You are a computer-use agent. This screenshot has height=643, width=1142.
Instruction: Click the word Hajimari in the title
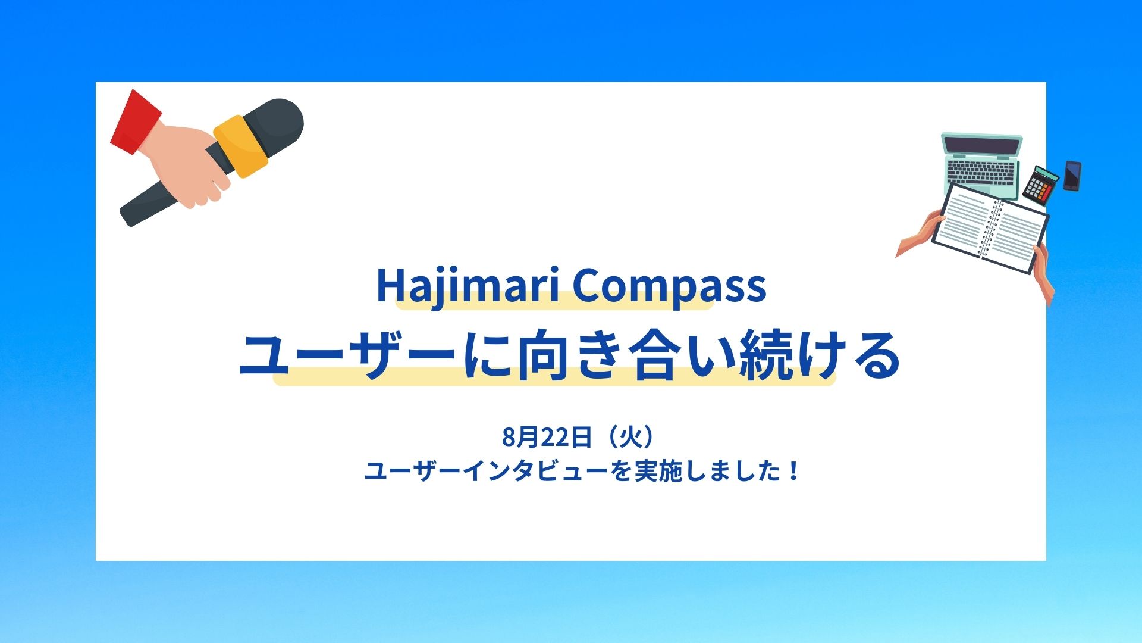[x=468, y=287]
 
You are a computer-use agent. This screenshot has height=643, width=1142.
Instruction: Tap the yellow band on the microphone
[x=241, y=146]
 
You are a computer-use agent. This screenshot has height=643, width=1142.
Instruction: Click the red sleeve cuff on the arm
[x=136, y=122]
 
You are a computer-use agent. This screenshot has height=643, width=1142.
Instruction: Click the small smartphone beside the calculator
[x=1072, y=176]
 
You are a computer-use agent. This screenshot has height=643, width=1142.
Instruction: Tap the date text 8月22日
[x=547, y=437]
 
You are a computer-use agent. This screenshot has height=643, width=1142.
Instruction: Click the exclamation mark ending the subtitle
[x=795, y=472]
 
